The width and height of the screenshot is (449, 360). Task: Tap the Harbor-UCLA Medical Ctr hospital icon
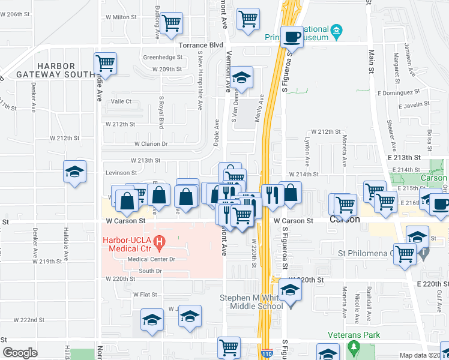tap(160, 243)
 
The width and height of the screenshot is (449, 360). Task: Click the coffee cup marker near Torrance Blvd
tap(292, 37)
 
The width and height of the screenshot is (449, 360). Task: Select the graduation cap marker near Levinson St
tap(75, 172)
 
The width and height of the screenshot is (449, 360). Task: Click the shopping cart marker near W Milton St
tap(172, 23)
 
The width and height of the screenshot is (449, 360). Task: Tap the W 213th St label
tap(146, 160)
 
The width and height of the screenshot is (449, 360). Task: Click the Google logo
tap(20, 353)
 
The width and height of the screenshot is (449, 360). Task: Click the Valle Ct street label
tap(121, 101)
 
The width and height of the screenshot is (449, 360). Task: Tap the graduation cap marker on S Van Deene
tap(242, 77)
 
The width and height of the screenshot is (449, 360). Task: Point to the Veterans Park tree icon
tap(354, 349)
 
